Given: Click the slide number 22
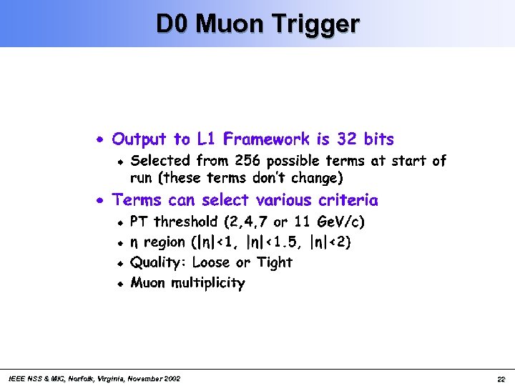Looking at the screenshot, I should coord(501,379).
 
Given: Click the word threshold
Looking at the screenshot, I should coord(186,222).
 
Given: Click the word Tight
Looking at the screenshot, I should coord(274,262).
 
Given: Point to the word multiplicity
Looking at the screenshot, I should coord(207,283).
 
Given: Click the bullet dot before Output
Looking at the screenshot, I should coord(102,139).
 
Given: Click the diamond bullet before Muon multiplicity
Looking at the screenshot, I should coord(122,284).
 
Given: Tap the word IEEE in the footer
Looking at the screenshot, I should coord(14,378).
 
